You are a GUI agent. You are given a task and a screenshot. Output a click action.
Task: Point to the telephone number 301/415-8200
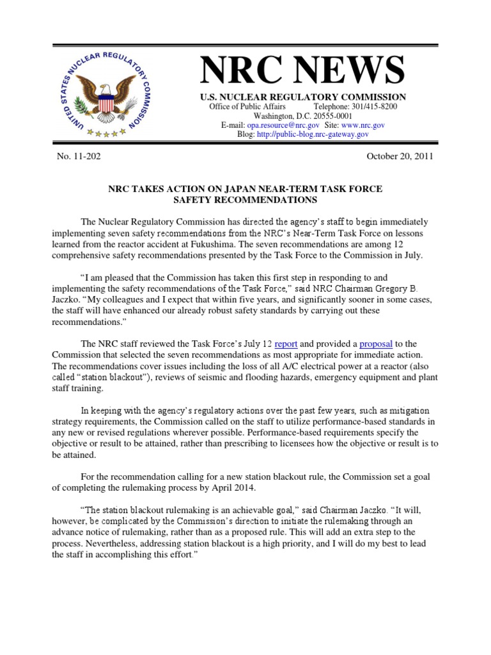click(x=364, y=106)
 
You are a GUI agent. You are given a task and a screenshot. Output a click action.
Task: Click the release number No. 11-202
click(x=79, y=156)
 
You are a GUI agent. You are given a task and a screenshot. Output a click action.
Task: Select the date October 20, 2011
click(x=400, y=156)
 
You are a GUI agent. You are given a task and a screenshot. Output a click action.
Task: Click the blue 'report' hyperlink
click(x=286, y=343)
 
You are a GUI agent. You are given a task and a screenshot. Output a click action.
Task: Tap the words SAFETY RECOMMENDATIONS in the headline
click(x=245, y=200)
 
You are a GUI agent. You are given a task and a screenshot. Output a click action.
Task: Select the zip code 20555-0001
click(x=327, y=116)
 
